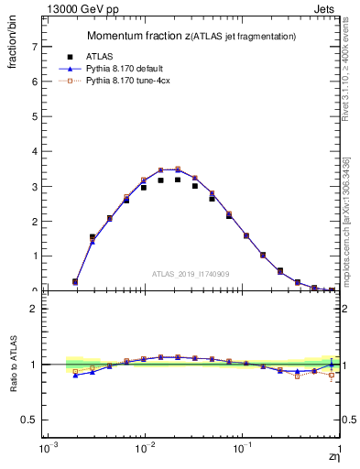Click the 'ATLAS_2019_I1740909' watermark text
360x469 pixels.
[x=191, y=274]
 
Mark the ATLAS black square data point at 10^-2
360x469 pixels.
[x=144, y=187]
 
